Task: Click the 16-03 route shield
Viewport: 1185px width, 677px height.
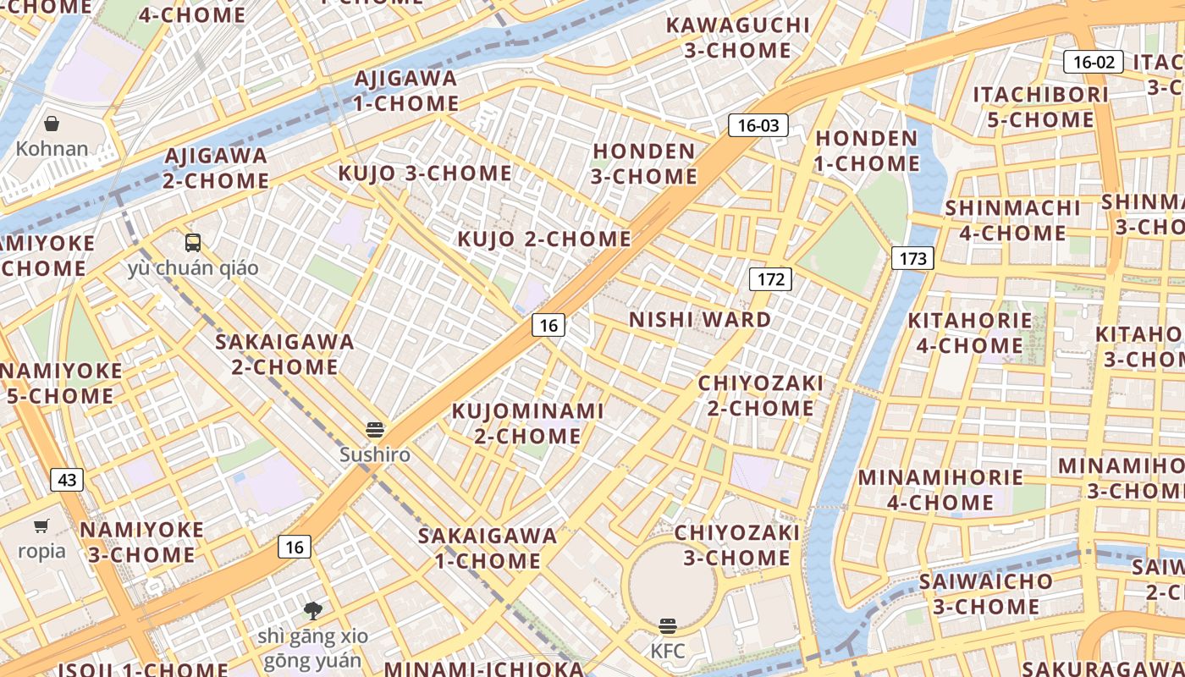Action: coord(758,126)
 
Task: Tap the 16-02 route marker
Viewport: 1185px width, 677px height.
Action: coord(1093,62)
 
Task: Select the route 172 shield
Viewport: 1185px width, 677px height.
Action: coord(770,279)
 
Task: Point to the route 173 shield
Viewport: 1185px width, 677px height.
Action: coord(912,259)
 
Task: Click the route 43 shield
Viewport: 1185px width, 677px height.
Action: coord(67,481)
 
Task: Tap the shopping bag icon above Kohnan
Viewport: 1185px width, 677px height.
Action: coord(52,124)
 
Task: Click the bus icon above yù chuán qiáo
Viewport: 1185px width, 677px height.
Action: coord(193,243)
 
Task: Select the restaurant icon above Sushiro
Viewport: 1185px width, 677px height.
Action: coord(375,429)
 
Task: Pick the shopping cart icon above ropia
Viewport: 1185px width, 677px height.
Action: coord(41,526)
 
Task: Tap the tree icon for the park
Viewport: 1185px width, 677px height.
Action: coord(313,610)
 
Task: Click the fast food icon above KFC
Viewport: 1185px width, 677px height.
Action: coord(668,626)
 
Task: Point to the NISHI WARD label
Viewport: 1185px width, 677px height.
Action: coord(700,320)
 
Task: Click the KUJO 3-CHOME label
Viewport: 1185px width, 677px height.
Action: coord(425,173)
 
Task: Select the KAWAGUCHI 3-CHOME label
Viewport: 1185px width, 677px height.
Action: coord(737,37)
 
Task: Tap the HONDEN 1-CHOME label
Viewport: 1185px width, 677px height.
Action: coord(867,151)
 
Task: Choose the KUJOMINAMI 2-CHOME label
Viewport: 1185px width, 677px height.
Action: coord(527,423)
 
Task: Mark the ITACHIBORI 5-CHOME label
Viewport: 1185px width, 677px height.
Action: coord(1040,107)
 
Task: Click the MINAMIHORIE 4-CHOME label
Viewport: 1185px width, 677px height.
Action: coord(940,489)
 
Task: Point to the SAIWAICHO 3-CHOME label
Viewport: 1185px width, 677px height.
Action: coord(986,594)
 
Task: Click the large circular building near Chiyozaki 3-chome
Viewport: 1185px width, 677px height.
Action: coord(673,584)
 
